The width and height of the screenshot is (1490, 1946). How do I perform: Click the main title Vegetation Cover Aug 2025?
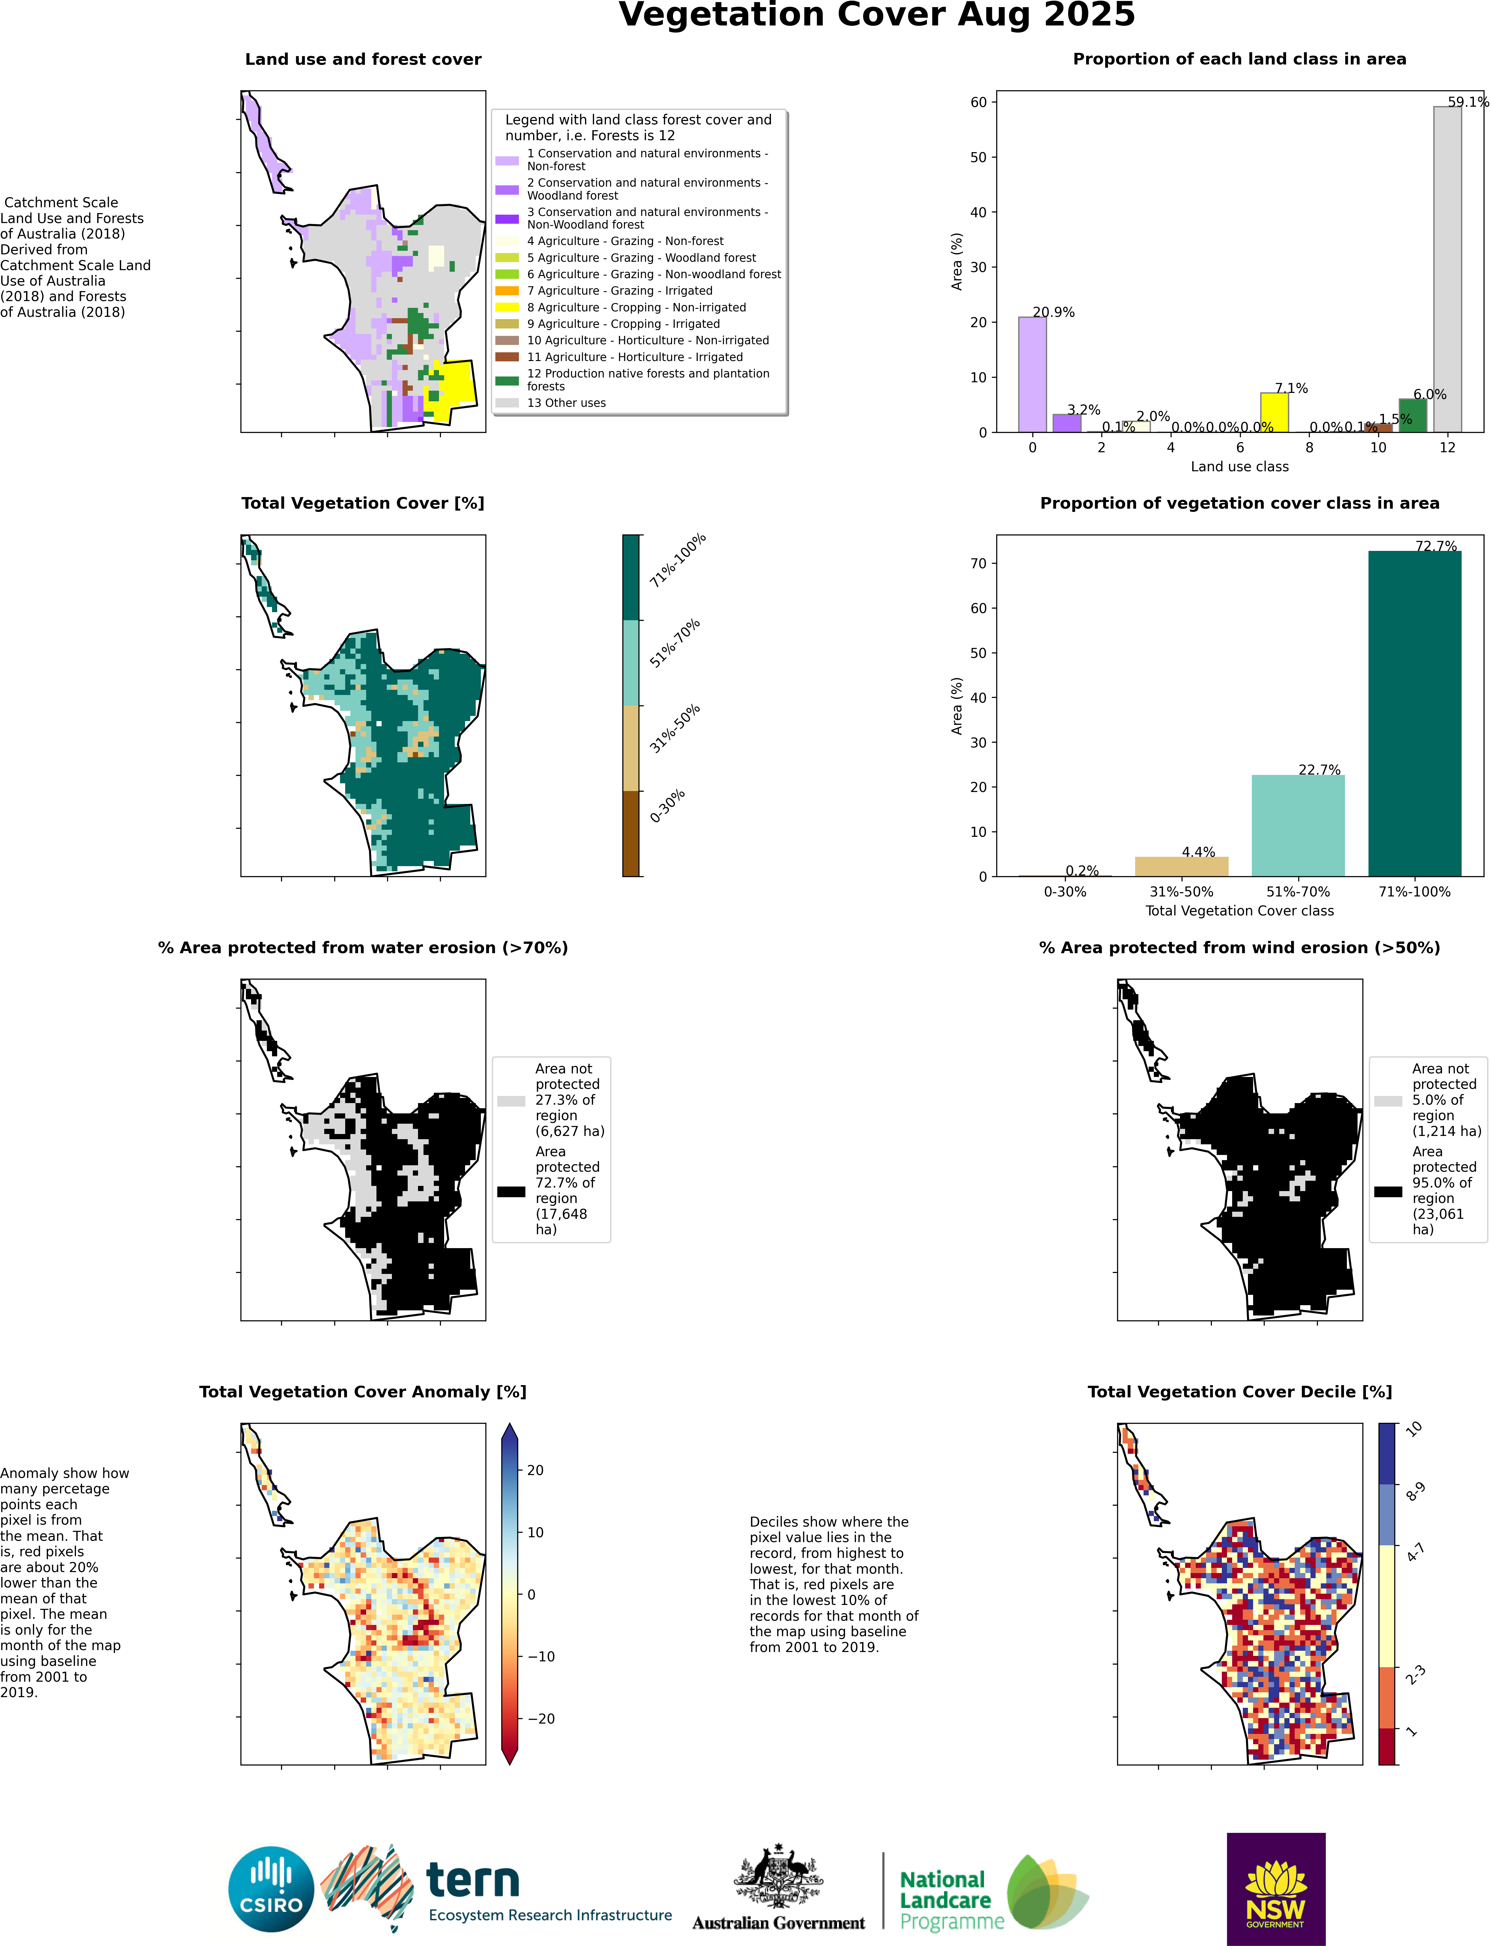876,16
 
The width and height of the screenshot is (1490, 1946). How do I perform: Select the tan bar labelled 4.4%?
1181,866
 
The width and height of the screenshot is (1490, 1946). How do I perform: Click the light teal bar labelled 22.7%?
1298,825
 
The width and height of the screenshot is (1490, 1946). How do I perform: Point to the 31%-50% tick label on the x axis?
1181,891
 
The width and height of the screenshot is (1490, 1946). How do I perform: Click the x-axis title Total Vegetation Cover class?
1239,911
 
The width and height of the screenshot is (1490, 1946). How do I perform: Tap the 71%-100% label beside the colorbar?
677,561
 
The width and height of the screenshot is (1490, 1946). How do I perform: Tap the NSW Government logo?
1275,1889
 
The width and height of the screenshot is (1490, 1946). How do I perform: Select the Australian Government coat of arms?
778,1876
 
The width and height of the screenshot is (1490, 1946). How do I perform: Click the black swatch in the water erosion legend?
511,1191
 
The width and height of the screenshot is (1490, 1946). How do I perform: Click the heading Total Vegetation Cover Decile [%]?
1239,1392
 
